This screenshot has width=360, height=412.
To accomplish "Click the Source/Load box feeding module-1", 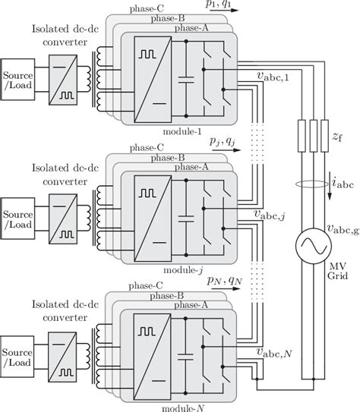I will (17, 80).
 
